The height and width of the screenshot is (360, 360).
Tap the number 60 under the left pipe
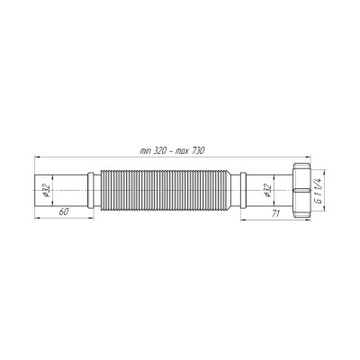64,212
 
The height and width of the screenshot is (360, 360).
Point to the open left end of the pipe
35,190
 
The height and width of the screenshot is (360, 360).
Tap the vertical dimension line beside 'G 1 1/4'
328,190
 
